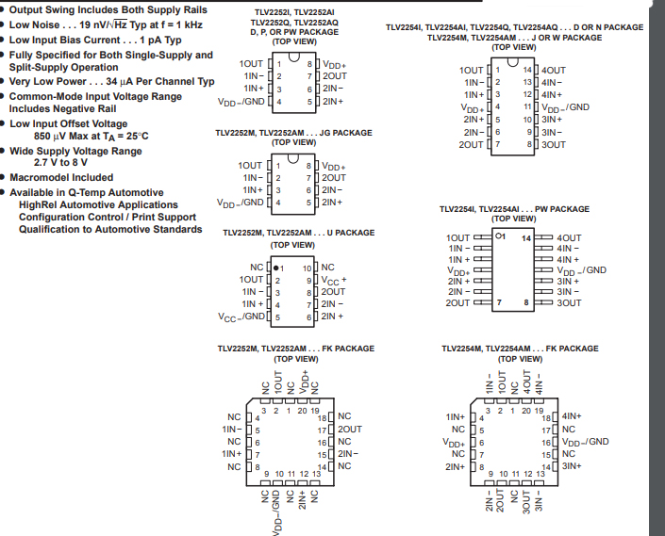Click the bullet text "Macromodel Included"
(x=61, y=177)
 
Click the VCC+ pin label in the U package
(x=335, y=280)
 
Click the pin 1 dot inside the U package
(x=275, y=268)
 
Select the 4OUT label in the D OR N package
(x=554, y=71)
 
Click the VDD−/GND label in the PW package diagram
(x=583, y=269)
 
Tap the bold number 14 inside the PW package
(x=527, y=238)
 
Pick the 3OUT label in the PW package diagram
(x=569, y=303)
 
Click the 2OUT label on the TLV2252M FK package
(x=350, y=429)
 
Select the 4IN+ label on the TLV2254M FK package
(x=572, y=415)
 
